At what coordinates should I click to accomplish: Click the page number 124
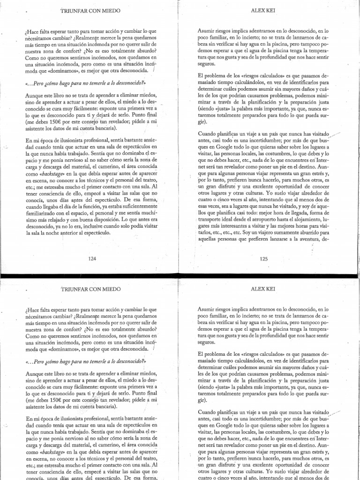pos(91,257)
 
